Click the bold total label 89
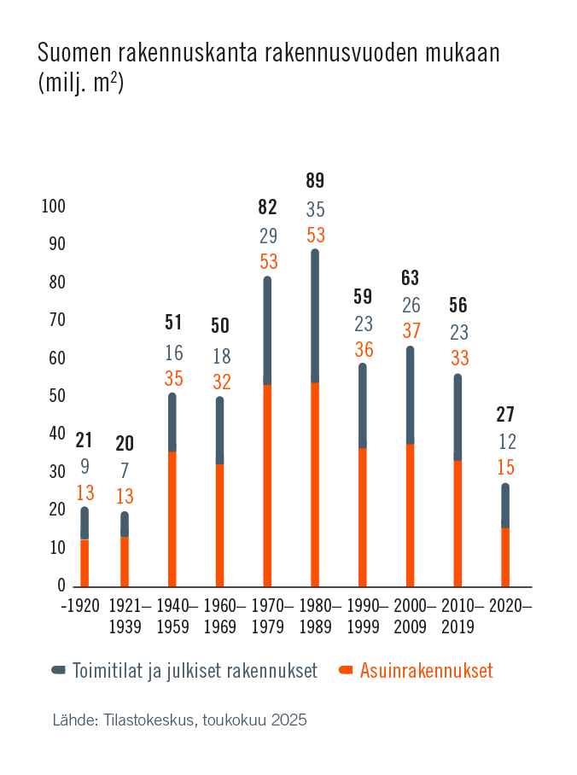315,181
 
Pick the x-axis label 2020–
513,606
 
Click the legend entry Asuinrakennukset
426,671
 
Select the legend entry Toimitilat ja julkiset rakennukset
195,671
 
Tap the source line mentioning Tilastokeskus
179,720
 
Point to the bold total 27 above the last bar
505,415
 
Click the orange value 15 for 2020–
505,468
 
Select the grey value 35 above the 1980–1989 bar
315,209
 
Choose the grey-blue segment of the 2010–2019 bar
458,418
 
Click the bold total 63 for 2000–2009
411,277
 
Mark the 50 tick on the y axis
56,396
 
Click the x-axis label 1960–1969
219,615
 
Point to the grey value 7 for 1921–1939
125,470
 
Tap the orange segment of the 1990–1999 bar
363,517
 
